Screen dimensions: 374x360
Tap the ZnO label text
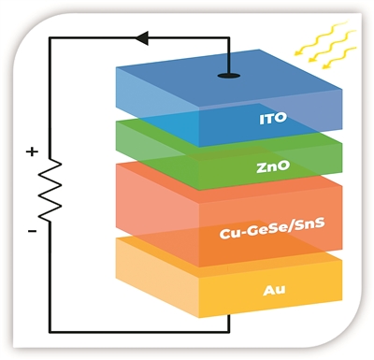[273, 166]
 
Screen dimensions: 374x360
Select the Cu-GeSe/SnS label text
[272, 229]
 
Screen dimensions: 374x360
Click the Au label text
[274, 290]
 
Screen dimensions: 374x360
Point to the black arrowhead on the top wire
[142, 37]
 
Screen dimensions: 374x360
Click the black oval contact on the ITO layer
[229, 76]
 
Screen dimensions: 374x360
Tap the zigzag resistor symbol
[50, 190]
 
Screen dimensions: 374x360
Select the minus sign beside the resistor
[32, 231]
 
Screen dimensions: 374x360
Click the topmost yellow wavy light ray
[321, 37]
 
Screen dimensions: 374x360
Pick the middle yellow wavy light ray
[332, 46]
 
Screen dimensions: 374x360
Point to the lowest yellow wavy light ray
[339, 58]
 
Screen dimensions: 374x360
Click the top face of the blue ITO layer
[229, 80]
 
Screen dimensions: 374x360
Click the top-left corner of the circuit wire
[50, 37]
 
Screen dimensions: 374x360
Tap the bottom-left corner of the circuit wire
[50, 332]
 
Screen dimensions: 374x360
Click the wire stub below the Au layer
[229, 324]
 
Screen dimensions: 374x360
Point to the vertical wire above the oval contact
[229, 55]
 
